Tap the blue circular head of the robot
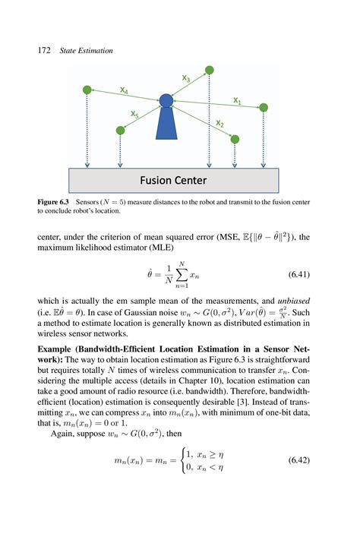(166, 100)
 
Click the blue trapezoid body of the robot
(167, 125)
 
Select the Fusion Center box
(173, 181)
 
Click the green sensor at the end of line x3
(210, 70)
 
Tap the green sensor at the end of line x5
(120, 131)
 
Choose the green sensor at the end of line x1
(264, 108)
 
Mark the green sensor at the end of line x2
(235, 139)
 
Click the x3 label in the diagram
(186, 77)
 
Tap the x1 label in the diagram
(237, 100)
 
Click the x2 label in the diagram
(219, 123)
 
